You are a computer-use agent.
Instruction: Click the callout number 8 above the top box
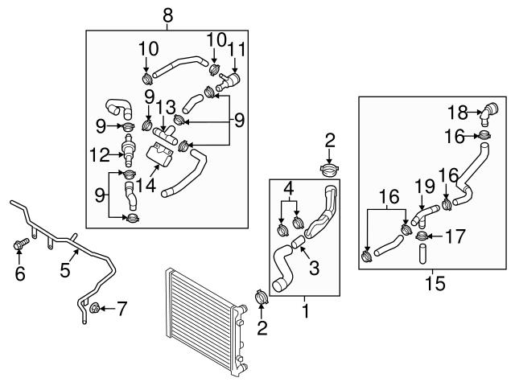point(167,16)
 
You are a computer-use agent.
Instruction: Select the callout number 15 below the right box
point(435,283)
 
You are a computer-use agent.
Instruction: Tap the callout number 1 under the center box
point(306,311)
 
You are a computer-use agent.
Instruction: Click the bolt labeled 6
point(22,244)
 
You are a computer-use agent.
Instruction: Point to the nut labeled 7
point(94,308)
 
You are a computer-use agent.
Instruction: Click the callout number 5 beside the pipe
point(64,270)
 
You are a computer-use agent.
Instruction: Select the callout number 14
point(146,186)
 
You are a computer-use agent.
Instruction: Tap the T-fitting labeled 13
point(165,135)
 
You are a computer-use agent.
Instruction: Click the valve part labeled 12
point(128,150)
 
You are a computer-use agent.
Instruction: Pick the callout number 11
point(237,50)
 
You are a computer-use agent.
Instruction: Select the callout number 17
point(455,236)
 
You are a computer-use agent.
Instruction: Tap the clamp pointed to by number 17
point(422,236)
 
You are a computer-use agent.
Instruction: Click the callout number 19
point(424,187)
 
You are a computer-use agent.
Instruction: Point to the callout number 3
point(315,268)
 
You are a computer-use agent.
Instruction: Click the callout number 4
point(289,189)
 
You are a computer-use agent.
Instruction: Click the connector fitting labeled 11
point(229,82)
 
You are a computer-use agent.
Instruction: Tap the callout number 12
point(100,154)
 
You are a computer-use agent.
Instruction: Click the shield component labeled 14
point(159,155)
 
